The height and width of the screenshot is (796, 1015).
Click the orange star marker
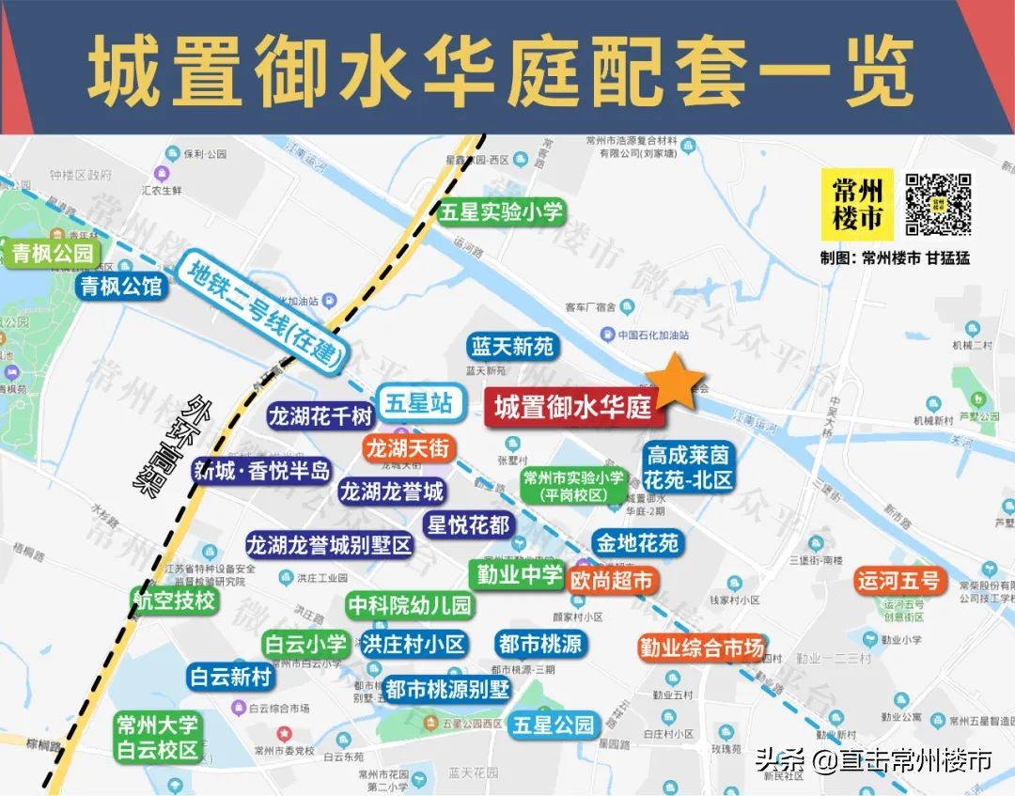(675, 382)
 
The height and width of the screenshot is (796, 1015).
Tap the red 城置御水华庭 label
(573, 408)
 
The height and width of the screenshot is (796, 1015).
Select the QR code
(938, 204)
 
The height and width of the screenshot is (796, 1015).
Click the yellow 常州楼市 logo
(857, 204)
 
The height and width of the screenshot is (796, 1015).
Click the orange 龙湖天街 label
(407, 448)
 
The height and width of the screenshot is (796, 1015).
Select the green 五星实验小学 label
(501, 211)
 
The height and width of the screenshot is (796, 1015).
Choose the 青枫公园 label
(53, 253)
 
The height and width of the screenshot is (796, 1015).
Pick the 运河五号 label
(898, 580)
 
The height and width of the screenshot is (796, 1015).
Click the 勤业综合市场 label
(702, 648)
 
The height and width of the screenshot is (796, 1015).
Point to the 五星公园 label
(554, 726)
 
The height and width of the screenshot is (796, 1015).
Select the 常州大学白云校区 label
(157, 738)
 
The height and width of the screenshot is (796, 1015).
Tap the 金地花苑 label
(635, 542)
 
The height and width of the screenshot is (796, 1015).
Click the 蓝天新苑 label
(512, 346)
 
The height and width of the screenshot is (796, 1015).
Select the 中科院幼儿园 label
(409, 605)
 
